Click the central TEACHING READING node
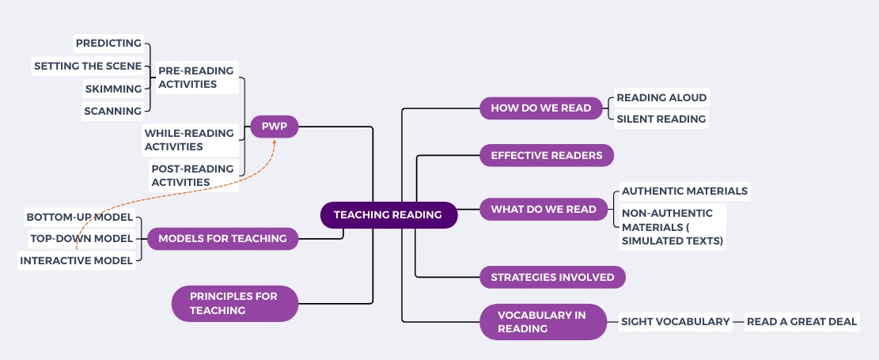click(x=388, y=215)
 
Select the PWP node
click(x=274, y=126)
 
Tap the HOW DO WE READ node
click(x=540, y=108)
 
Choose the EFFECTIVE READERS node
click(x=547, y=155)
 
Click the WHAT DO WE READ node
click(x=544, y=210)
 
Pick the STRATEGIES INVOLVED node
click(x=552, y=277)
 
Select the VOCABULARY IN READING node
click(x=542, y=321)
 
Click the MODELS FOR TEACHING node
click(x=222, y=238)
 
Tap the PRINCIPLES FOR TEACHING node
click(x=234, y=304)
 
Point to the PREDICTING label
click(x=108, y=43)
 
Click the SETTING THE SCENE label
click(x=88, y=66)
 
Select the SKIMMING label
click(x=114, y=89)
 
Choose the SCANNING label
click(x=112, y=111)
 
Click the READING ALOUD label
click(x=661, y=98)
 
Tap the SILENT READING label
click(x=661, y=119)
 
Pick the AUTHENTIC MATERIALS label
click(x=684, y=191)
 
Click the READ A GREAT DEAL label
click(x=801, y=321)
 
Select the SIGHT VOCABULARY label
click(x=675, y=321)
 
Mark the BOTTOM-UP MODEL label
click(x=79, y=217)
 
